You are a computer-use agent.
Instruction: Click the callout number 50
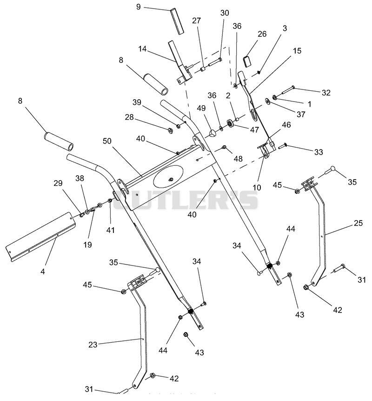107,141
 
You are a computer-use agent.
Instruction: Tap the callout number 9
139,7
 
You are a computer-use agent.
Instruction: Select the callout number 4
43,272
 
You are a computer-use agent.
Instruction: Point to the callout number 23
93,345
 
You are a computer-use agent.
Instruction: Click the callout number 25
358,223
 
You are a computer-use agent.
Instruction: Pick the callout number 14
142,48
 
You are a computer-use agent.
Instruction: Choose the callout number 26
262,34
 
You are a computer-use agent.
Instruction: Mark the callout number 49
201,108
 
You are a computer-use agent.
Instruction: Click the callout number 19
87,245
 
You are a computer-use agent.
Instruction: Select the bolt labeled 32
288,90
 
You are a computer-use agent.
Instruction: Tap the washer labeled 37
268,101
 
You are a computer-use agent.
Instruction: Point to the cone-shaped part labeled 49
212,133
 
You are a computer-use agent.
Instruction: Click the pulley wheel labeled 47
231,124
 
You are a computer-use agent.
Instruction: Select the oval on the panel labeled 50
168,176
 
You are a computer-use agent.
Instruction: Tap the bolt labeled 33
283,146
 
